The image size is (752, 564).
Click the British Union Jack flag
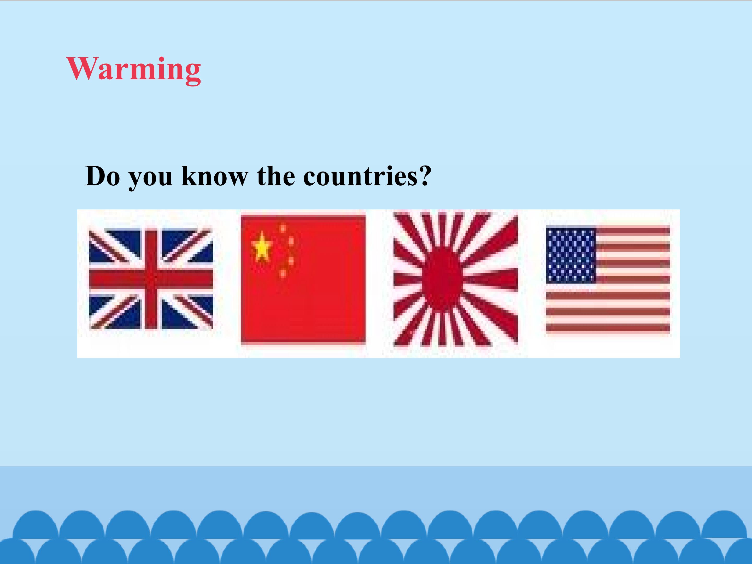tap(151, 279)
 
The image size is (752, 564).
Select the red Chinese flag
tap(303, 279)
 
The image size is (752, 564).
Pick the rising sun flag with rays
tap(456, 279)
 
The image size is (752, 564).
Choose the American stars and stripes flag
tap(608, 279)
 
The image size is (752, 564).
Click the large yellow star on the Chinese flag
tap(261, 246)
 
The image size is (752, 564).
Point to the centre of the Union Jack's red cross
tap(151, 279)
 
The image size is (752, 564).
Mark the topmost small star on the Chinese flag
tap(283, 228)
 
